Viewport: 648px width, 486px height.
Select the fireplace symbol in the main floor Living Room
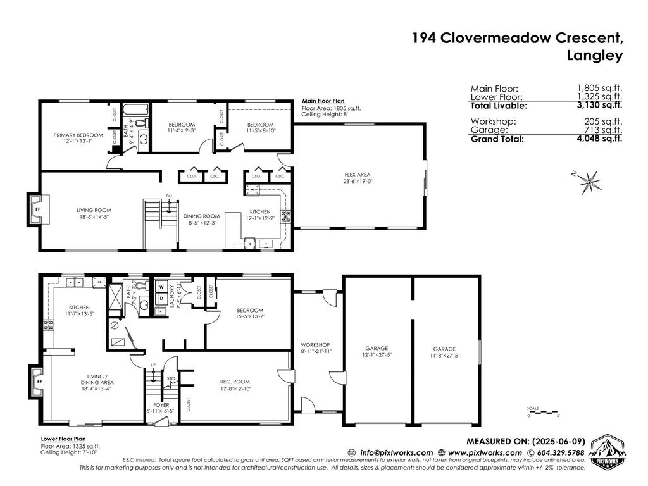click(x=37, y=209)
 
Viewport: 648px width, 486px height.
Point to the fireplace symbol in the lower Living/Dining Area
click(x=39, y=382)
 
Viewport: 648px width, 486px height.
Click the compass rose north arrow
click(x=590, y=182)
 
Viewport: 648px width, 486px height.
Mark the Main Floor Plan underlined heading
click(x=323, y=101)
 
